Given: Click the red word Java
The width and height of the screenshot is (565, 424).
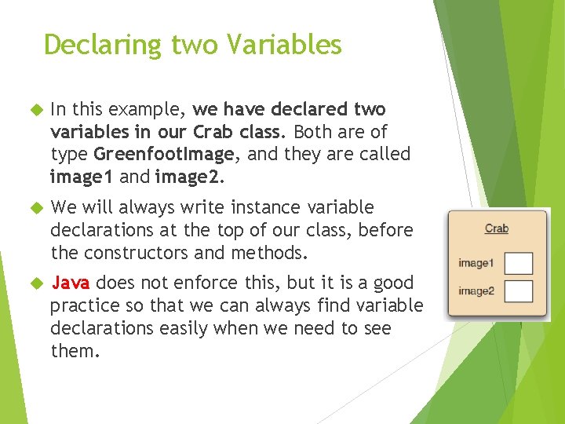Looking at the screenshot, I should (71, 283).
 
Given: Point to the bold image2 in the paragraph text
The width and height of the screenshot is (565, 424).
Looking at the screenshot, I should (188, 177).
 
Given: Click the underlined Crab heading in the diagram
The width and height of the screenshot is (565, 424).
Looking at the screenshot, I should (496, 228).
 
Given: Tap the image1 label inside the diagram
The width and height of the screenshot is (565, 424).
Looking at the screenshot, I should (476, 263).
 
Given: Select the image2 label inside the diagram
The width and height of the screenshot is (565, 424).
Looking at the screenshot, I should (476, 291).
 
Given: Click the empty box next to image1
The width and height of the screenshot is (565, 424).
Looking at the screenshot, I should (519, 263).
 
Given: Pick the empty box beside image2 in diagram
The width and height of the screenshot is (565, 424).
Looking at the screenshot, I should (519, 291).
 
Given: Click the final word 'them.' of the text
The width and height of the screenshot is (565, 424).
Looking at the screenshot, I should (75, 351).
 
